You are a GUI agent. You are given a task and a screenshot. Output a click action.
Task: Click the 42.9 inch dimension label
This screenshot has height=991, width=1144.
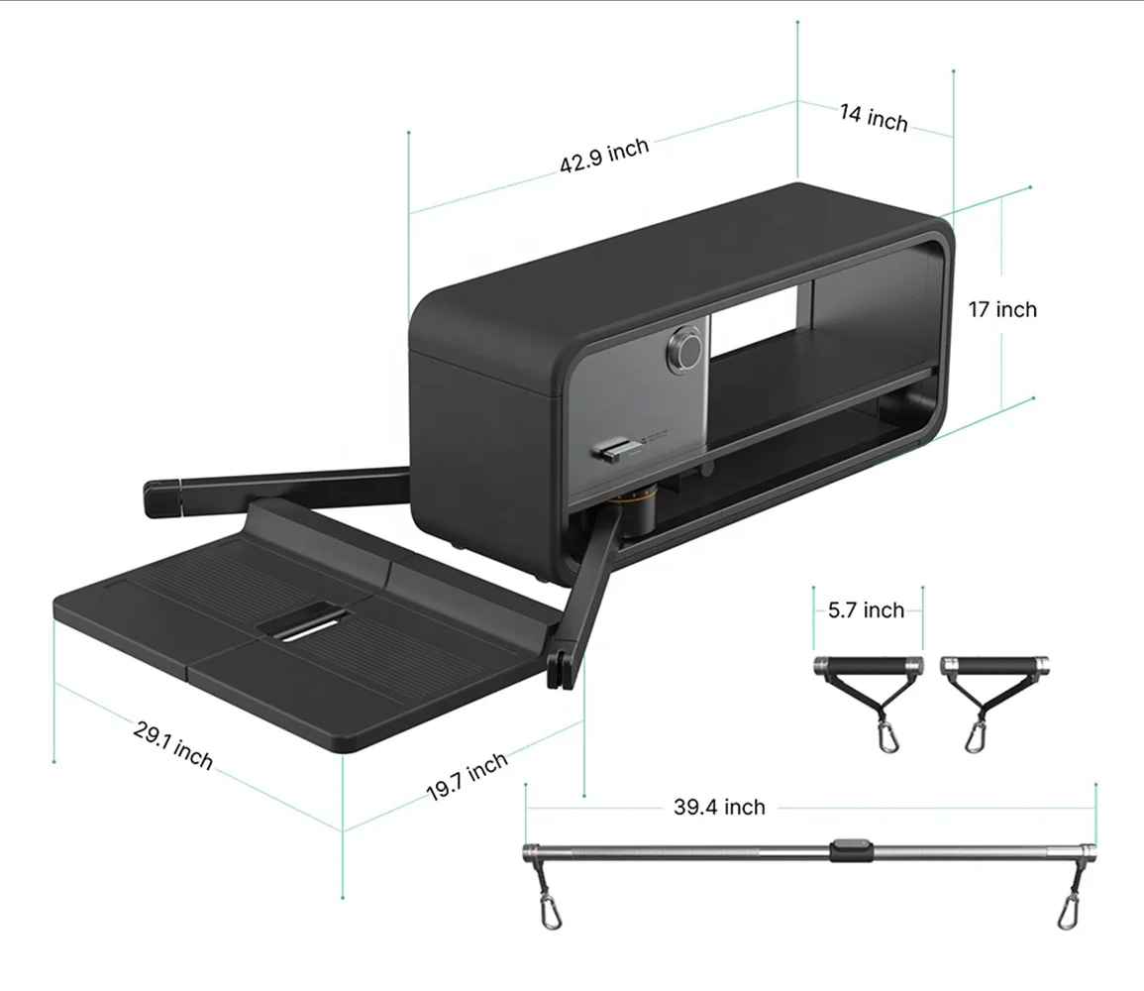point(604,156)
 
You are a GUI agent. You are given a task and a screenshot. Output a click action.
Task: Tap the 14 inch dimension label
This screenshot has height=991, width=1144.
point(874,118)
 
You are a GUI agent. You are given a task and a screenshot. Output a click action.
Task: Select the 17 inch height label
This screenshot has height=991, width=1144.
point(1002,309)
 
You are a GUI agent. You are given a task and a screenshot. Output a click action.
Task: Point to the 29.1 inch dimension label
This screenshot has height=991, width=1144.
point(173,745)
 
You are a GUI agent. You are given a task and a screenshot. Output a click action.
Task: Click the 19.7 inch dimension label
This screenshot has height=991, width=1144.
point(467,777)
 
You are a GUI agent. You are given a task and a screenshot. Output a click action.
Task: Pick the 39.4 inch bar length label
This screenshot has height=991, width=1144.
point(719,807)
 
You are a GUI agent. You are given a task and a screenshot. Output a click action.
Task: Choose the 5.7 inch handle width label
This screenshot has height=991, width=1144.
point(866,610)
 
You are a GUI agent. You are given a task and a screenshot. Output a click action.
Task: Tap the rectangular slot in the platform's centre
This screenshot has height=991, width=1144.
point(304,621)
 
